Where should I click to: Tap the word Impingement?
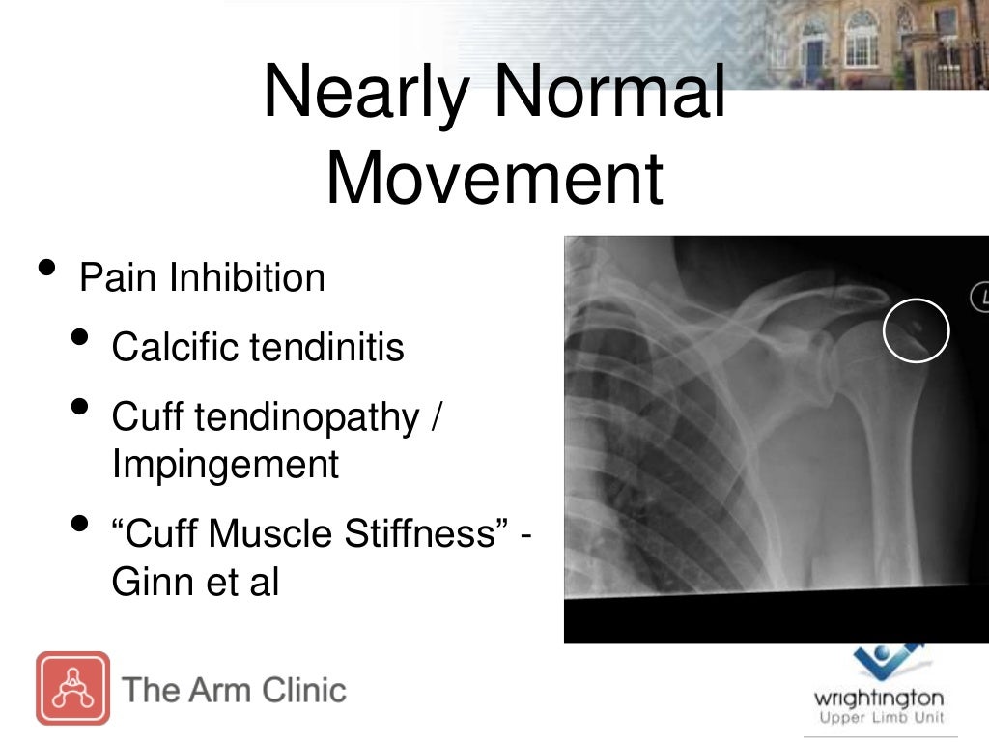tap(225, 465)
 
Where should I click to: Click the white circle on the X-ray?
tap(917, 331)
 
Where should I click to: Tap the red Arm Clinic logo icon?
tap(72, 688)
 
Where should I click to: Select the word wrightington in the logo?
tap(878, 698)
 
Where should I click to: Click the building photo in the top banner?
tap(874, 43)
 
